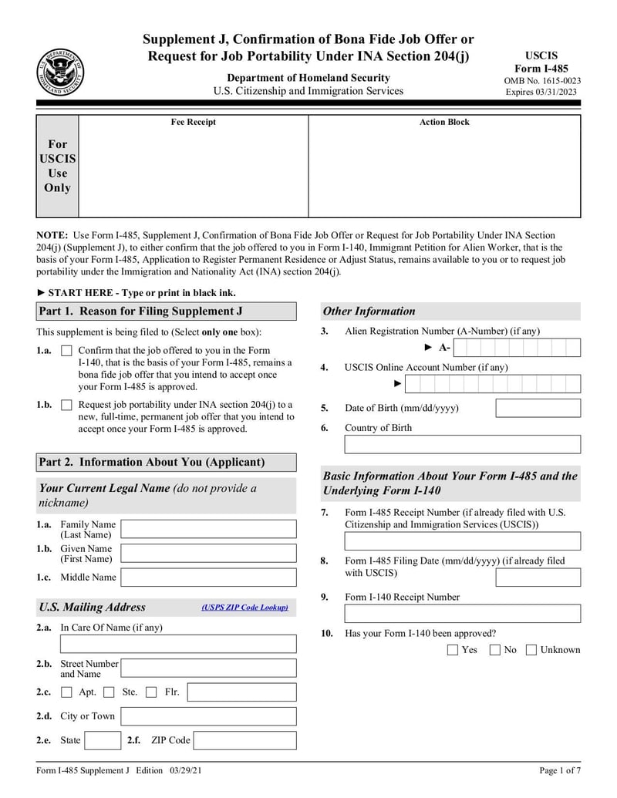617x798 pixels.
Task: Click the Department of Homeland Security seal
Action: [x=60, y=72]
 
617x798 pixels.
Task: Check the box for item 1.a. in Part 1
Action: [x=66, y=352]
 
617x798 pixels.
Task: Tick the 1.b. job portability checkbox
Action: [x=66, y=405]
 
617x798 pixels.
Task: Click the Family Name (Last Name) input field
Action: [x=208, y=529]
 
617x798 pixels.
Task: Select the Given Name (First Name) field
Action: [x=208, y=554]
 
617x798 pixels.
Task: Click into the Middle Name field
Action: [x=208, y=577]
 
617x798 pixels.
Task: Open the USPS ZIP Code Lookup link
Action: [x=244, y=608]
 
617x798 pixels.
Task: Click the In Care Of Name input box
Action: [x=178, y=645]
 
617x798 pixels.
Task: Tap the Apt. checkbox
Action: [x=66, y=692]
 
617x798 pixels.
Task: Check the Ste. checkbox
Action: [x=110, y=692]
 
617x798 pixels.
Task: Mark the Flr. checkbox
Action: [x=151, y=692]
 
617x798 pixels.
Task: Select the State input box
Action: [x=102, y=741]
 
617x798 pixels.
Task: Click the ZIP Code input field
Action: [x=244, y=741]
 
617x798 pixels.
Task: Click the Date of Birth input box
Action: [x=538, y=408]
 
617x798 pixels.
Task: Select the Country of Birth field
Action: [x=462, y=445]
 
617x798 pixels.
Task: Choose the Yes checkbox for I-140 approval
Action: [x=453, y=650]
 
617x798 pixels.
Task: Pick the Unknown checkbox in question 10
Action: [x=531, y=650]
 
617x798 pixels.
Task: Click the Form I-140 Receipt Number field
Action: [x=462, y=614]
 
